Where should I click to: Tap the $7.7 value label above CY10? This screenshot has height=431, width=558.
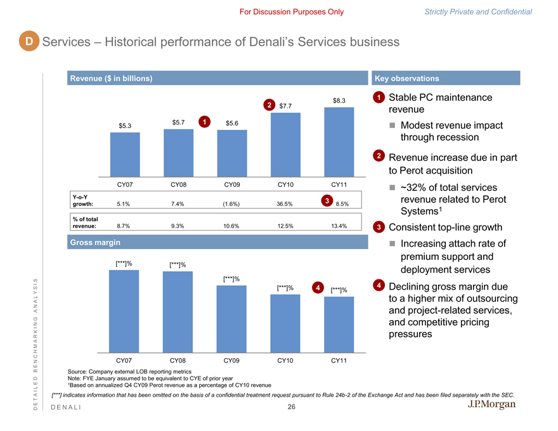[285, 106]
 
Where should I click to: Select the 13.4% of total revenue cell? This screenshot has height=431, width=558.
[339, 226]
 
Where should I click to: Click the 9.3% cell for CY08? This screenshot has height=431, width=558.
[178, 226]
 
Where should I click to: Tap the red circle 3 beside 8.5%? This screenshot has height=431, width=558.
[325, 201]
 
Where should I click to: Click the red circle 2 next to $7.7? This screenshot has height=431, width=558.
[269, 105]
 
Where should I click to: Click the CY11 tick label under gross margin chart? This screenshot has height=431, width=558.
[339, 361]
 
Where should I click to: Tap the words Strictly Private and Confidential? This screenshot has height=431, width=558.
[478, 11]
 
